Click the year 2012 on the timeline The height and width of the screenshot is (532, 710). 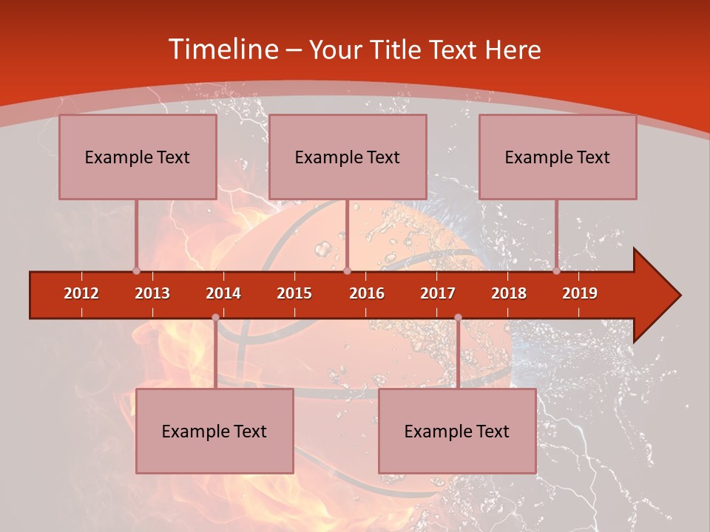click(x=81, y=293)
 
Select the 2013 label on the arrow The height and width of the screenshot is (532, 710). click(x=152, y=293)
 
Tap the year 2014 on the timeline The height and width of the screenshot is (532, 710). click(x=223, y=293)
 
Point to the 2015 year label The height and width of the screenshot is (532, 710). click(x=294, y=293)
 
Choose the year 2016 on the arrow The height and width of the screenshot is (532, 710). click(x=367, y=293)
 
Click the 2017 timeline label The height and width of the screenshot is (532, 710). click(x=438, y=293)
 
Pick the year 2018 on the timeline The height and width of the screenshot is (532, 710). click(x=509, y=293)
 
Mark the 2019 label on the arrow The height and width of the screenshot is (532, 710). click(x=580, y=293)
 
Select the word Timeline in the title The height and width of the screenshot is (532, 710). click(x=222, y=50)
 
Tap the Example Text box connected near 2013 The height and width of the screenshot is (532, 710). click(x=138, y=157)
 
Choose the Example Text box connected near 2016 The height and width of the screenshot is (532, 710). click(x=348, y=157)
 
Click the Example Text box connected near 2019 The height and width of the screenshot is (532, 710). click(x=558, y=157)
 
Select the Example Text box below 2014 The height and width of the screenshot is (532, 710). click(x=214, y=431)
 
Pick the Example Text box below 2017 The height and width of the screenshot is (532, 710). click(x=457, y=431)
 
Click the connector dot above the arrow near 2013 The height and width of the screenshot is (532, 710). click(x=136, y=271)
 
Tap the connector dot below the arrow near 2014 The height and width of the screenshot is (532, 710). click(x=215, y=317)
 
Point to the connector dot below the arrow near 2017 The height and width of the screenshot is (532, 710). click(x=458, y=317)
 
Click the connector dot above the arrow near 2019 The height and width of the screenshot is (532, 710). click(x=556, y=271)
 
